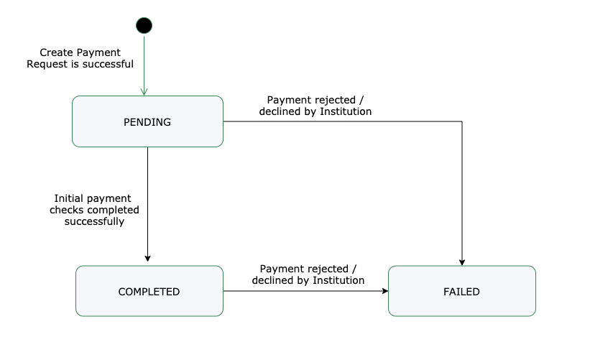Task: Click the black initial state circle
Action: [x=144, y=25]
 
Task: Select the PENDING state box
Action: [x=147, y=121]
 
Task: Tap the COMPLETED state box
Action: [x=149, y=291]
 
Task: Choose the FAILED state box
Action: [x=461, y=291]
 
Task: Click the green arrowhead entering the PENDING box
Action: [x=144, y=91]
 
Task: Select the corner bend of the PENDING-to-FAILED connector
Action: [x=461, y=121]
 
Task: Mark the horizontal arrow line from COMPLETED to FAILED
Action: [x=302, y=291]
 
